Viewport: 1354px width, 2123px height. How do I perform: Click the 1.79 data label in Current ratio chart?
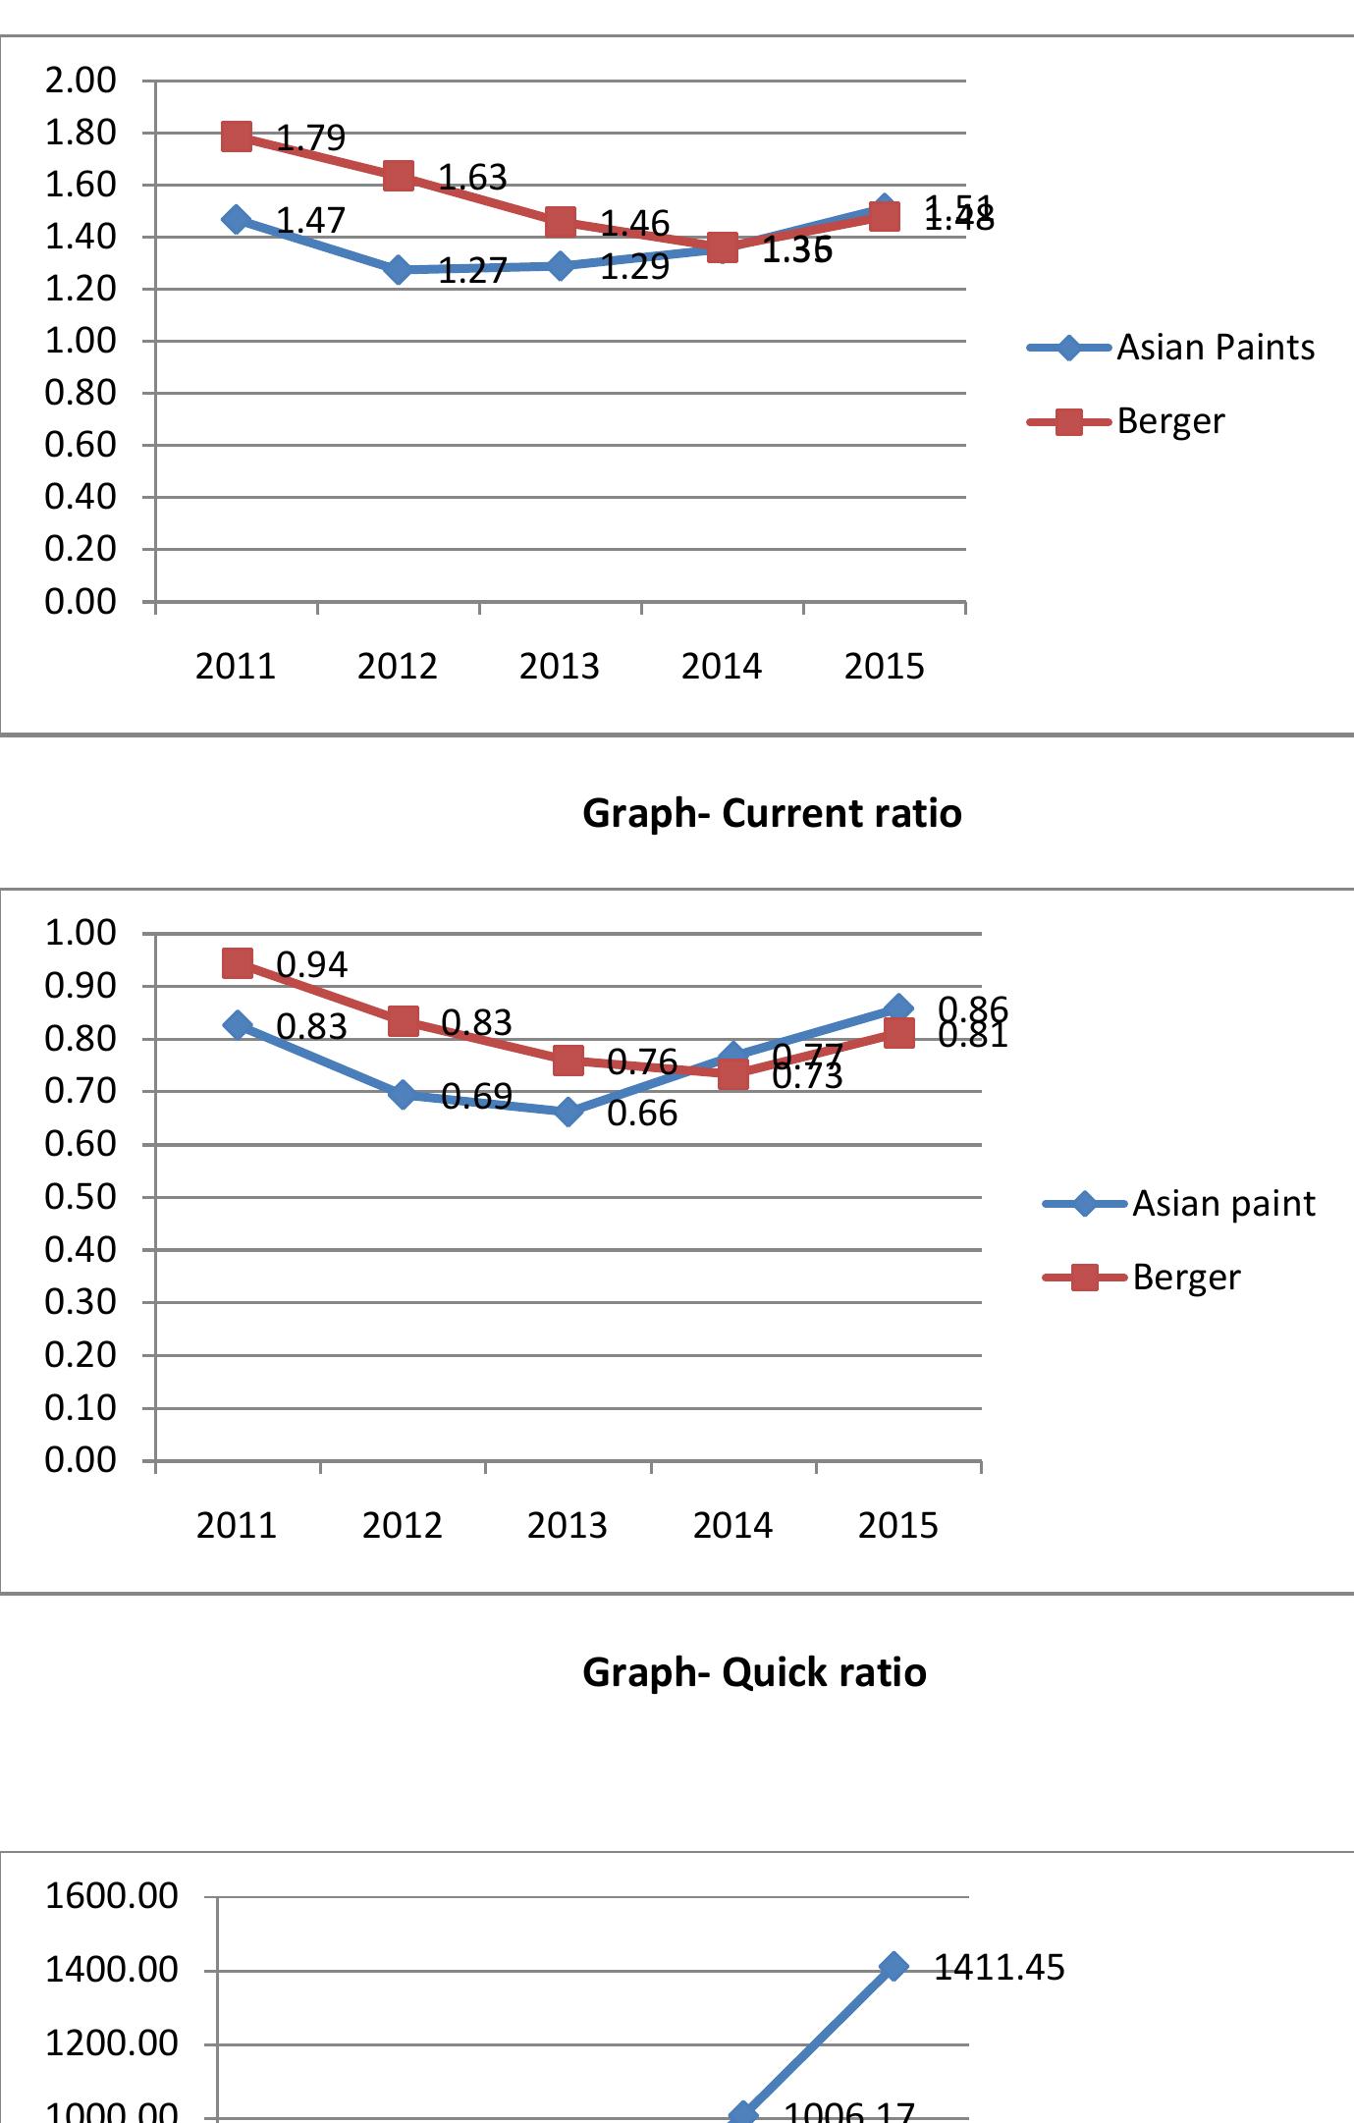[x=310, y=137]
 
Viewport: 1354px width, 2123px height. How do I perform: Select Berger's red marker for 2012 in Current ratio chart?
[x=398, y=177]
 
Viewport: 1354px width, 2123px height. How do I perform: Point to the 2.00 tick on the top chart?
[x=81, y=81]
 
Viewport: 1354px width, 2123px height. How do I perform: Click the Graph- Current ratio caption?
[x=772, y=813]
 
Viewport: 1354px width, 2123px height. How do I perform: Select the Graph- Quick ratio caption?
[x=754, y=1671]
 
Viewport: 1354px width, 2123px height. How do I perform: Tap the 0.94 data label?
[x=311, y=965]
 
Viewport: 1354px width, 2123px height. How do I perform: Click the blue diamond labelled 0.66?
[x=568, y=1112]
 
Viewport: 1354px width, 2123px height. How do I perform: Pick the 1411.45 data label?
[x=999, y=1968]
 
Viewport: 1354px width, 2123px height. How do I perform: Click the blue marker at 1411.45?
[x=894, y=1967]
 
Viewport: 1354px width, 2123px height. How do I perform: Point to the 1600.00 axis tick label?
[x=111, y=1896]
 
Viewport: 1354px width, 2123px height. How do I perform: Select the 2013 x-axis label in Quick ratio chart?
[x=567, y=1525]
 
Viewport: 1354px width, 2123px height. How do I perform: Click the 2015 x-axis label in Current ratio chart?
[x=884, y=667]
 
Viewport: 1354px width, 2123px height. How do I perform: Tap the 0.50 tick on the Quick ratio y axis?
[x=81, y=1197]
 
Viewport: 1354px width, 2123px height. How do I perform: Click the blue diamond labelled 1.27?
[x=398, y=269]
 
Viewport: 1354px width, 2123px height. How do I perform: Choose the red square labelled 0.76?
[x=568, y=1060]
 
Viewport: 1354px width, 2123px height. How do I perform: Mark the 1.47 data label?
[x=310, y=221]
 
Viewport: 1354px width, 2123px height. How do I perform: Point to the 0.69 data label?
[x=476, y=1096]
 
